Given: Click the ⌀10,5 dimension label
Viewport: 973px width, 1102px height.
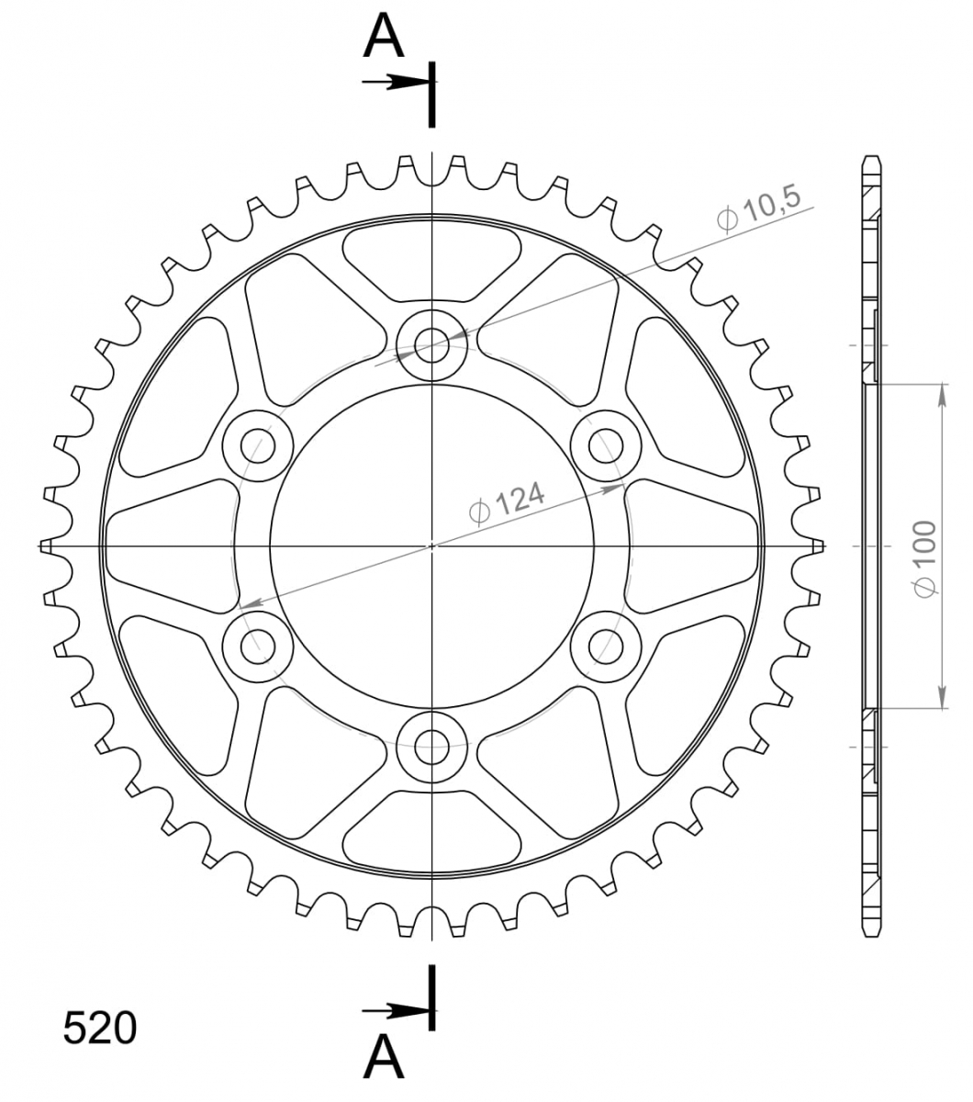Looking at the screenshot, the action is coord(759,208).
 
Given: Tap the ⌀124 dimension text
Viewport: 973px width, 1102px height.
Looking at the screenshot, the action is coord(507,502).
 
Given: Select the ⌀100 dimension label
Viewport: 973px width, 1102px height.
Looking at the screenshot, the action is coord(925,559).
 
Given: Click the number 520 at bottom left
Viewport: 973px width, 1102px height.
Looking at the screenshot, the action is coord(100,1029).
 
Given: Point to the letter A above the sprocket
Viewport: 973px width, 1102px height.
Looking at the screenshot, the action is coord(384,38).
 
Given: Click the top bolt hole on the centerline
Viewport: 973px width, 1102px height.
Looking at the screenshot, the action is coord(431,345).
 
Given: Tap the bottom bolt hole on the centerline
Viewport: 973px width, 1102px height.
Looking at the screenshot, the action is coord(431,748).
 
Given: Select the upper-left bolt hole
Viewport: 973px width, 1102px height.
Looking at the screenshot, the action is coord(258,445).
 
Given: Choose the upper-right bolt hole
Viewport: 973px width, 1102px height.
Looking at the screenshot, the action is coord(606,445).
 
